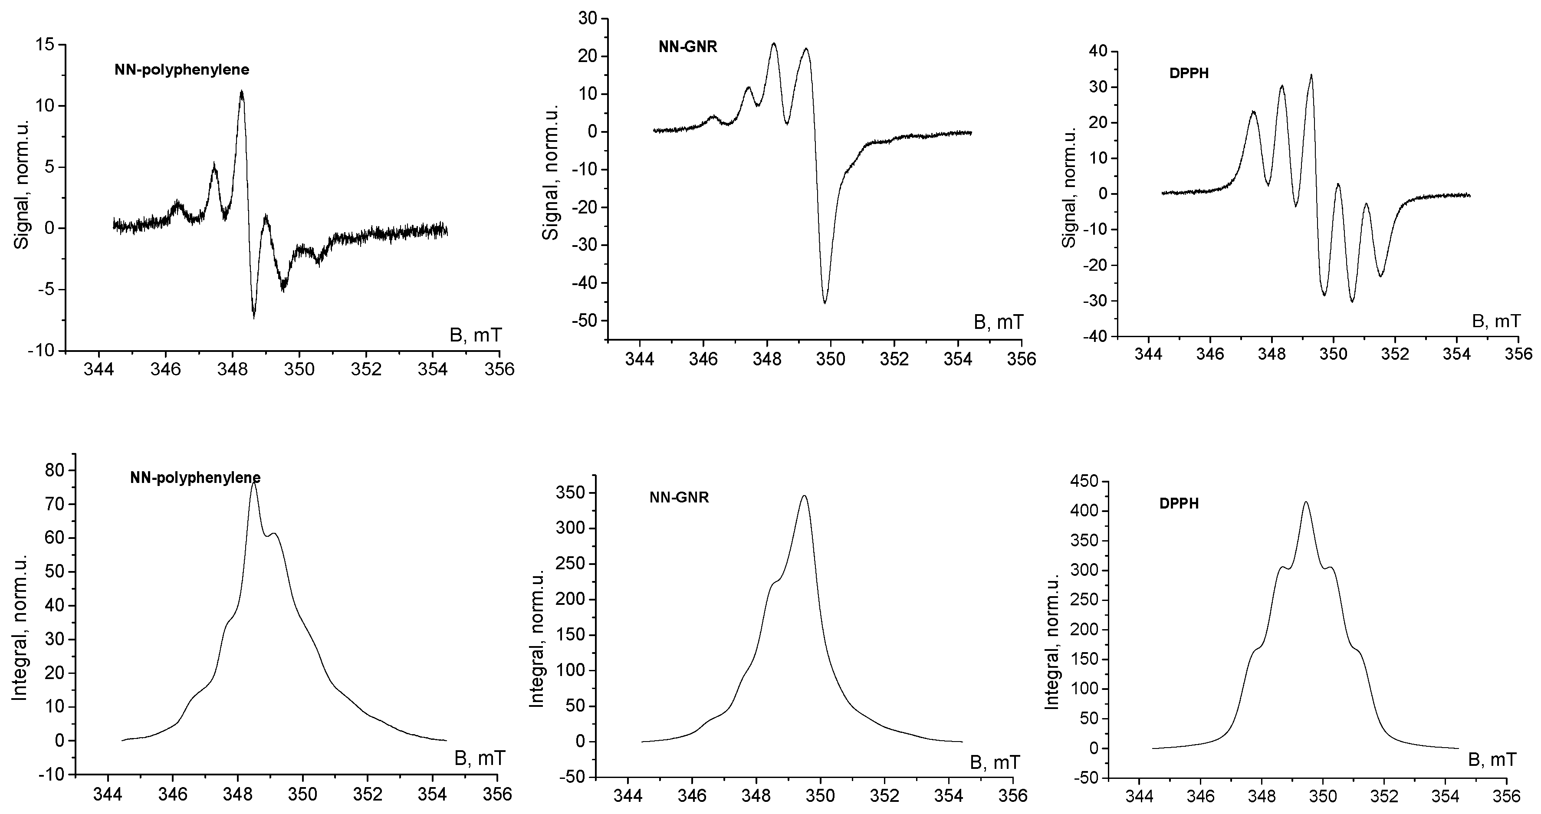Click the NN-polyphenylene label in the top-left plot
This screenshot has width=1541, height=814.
pos(182,70)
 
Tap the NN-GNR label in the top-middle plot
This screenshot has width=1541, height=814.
pos(687,47)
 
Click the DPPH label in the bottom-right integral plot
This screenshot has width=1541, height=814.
pos(1179,504)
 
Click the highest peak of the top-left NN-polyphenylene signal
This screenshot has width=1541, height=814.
pos(242,92)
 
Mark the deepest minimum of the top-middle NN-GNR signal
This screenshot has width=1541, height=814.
pos(825,302)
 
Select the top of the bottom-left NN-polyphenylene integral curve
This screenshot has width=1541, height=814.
pos(254,482)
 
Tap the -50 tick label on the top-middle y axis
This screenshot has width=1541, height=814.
pos(585,321)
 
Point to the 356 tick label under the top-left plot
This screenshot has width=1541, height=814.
pos(499,368)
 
